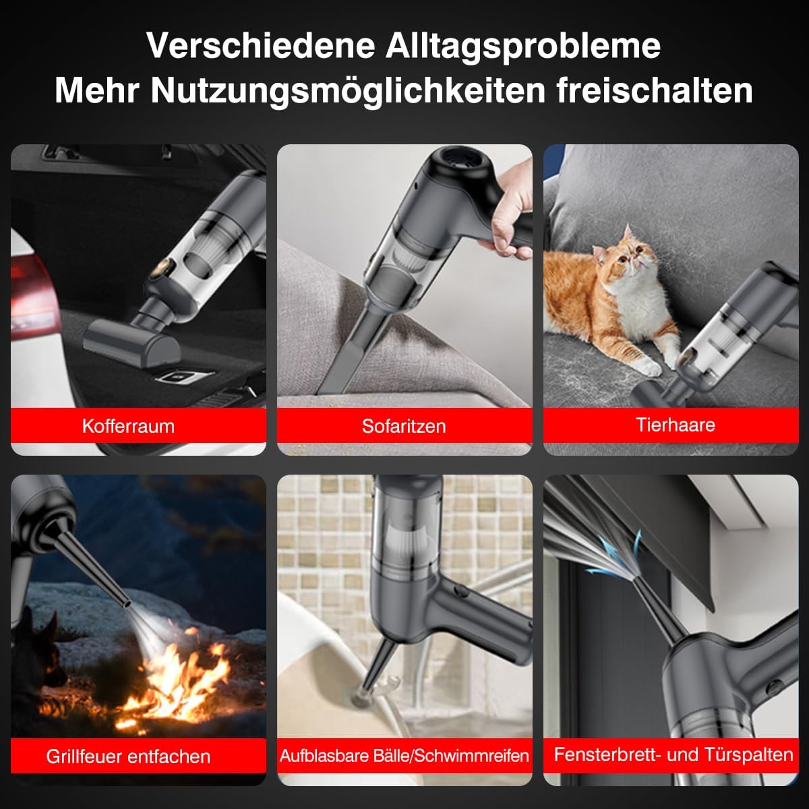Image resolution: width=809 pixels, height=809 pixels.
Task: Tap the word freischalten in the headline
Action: pos(655,91)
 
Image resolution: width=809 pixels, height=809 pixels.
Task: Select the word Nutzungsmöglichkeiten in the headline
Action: pos(347,91)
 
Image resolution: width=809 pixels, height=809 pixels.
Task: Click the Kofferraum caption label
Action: pos(128,426)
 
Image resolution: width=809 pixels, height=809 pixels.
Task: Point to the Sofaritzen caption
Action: pos(404,426)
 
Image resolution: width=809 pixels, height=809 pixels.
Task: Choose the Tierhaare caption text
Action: pos(675,425)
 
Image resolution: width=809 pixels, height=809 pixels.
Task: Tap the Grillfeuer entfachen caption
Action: pos(128,756)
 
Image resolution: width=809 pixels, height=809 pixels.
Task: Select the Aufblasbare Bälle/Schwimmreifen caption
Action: pos(404,756)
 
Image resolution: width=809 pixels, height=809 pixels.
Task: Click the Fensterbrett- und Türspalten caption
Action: pos(673,754)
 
